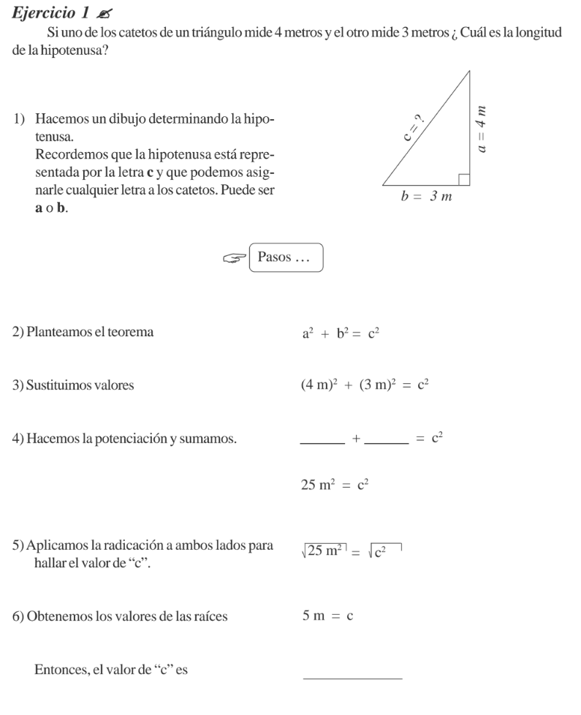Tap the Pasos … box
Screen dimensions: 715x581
click(x=285, y=257)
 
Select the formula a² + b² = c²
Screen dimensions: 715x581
click(x=341, y=333)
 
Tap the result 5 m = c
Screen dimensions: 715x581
click(x=328, y=616)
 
